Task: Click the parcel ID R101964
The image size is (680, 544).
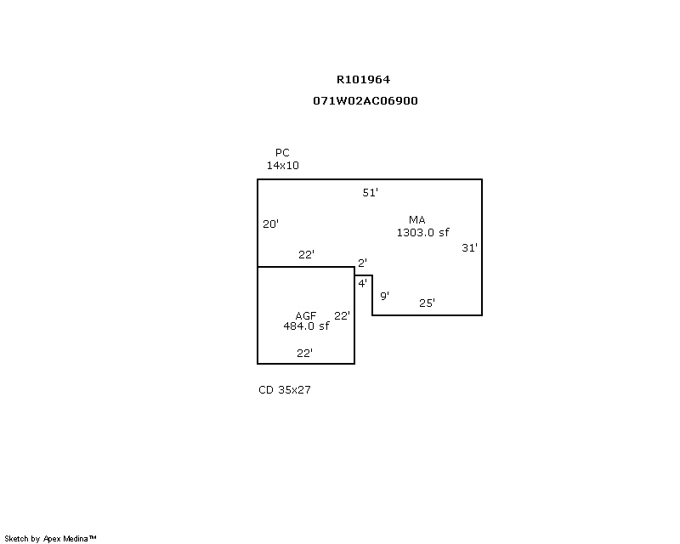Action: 363,80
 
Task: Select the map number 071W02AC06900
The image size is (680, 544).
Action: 365,100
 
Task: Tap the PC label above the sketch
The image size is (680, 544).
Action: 282,153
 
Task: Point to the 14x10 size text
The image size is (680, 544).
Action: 283,166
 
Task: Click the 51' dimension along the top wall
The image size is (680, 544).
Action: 371,193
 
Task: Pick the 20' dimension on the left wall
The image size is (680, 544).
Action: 271,224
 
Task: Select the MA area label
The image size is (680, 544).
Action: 416,220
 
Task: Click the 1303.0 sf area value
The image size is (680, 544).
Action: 422,232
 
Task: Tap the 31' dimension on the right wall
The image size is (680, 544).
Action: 470,248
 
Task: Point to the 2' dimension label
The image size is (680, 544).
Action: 362,263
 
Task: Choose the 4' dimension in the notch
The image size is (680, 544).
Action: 362,283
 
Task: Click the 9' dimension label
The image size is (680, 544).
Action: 384,296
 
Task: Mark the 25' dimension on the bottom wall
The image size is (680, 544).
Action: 428,303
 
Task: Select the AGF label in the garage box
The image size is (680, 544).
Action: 306,315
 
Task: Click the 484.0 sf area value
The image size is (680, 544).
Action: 306,326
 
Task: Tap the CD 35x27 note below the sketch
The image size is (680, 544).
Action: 285,390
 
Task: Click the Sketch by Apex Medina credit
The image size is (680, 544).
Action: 51,539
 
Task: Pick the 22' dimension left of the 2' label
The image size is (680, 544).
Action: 307,254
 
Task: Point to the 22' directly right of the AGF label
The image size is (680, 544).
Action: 342,315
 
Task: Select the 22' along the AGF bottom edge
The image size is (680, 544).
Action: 304,353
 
